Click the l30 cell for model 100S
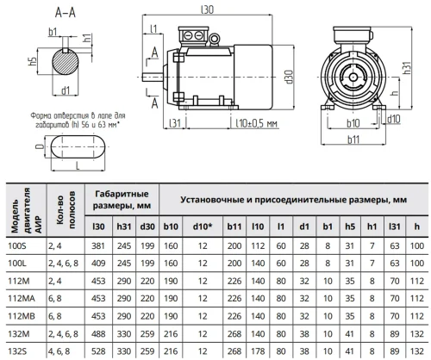98,246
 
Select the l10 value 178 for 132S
258,351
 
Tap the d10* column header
203,227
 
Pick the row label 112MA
22,299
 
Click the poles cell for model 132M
63,334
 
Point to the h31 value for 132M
124,334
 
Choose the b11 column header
234,227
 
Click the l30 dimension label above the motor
207,9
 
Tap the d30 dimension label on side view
289,77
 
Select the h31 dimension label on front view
407,68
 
